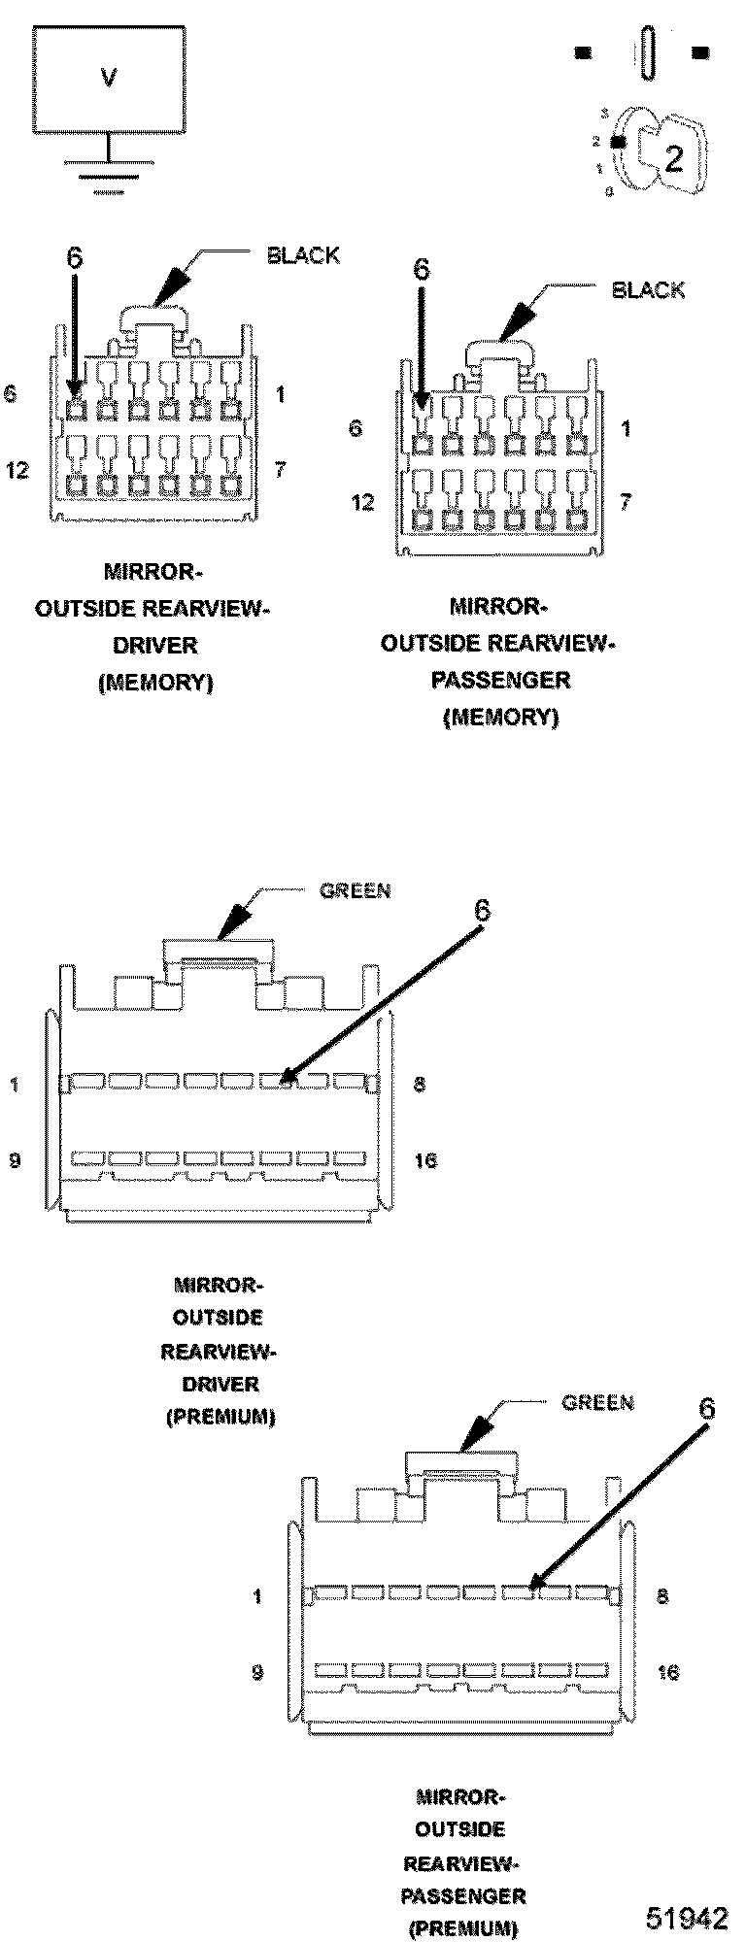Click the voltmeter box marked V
[109, 78]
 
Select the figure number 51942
[688, 1917]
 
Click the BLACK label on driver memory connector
[303, 256]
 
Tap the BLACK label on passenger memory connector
[648, 290]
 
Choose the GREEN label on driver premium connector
[356, 890]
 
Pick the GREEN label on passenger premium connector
[598, 1402]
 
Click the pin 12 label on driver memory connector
[17, 471]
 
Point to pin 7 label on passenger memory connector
[626, 503]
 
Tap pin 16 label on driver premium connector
[425, 1160]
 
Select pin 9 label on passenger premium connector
[257, 1672]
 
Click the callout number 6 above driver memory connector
[75, 257]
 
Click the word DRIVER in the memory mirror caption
[155, 645]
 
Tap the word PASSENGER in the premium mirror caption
[463, 1894]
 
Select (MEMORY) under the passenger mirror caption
[500, 717]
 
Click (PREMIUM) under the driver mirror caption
[220, 1417]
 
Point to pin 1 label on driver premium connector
[15, 1085]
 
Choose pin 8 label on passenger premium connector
[662, 1596]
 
